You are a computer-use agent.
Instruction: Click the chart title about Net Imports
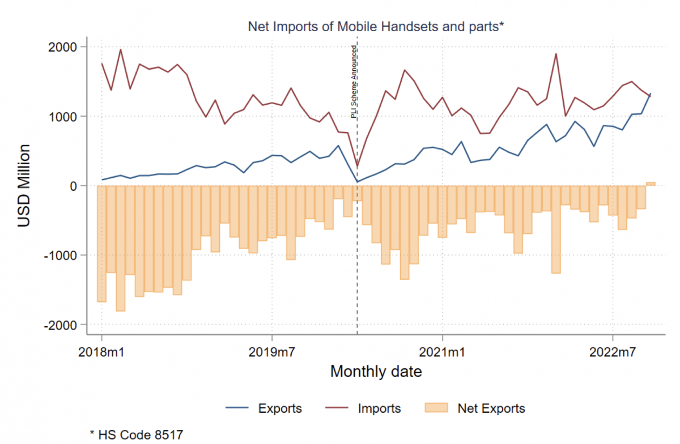tap(376, 26)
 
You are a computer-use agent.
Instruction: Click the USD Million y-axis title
tap(24, 186)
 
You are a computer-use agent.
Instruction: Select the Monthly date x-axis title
tap(376, 372)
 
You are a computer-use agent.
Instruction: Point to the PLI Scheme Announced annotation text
tap(354, 80)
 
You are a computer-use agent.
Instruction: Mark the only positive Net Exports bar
tap(651, 184)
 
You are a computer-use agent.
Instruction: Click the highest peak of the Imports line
tap(121, 50)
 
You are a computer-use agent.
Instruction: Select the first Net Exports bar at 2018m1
tap(102, 244)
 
